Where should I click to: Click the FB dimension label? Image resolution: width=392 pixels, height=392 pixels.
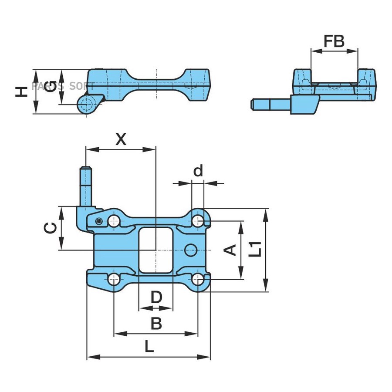point(334,41)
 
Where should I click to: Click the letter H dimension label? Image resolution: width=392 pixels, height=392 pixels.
point(21,92)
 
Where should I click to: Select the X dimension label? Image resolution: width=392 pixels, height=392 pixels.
point(121,139)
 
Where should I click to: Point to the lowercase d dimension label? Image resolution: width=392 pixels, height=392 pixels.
point(198,171)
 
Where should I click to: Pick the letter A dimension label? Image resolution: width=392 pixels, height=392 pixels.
point(230,250)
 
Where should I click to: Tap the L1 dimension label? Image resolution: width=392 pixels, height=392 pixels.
point(255,249)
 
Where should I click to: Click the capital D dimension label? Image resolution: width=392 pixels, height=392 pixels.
point(156,297)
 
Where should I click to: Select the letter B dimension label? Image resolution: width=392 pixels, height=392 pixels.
point(156,323)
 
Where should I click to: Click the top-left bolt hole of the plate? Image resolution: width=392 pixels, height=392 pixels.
point(114,221)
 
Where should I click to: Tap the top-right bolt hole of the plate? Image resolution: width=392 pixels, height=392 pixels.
point(198,221)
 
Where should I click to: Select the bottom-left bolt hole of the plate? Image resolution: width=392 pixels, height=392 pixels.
point(114,279)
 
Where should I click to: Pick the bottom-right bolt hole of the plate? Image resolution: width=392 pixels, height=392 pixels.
point(198,279)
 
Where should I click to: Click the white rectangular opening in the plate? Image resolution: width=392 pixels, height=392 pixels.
point(156,250)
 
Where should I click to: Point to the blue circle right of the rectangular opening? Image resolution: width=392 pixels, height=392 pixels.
point(191,250)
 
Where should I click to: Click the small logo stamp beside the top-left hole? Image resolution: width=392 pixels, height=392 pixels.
point(99,221)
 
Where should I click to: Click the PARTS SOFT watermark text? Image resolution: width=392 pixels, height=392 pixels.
point(63,86)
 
